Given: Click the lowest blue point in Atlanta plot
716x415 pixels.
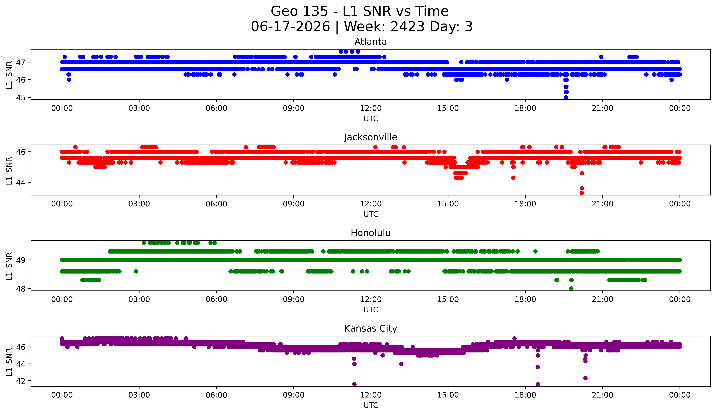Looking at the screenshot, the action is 566,97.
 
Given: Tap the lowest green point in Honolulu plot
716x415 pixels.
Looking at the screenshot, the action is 571,288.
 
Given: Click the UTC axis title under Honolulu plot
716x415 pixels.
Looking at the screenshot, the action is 371,310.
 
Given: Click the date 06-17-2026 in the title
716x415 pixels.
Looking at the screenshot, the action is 290,27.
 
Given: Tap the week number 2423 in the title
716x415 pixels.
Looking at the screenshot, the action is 407,27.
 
